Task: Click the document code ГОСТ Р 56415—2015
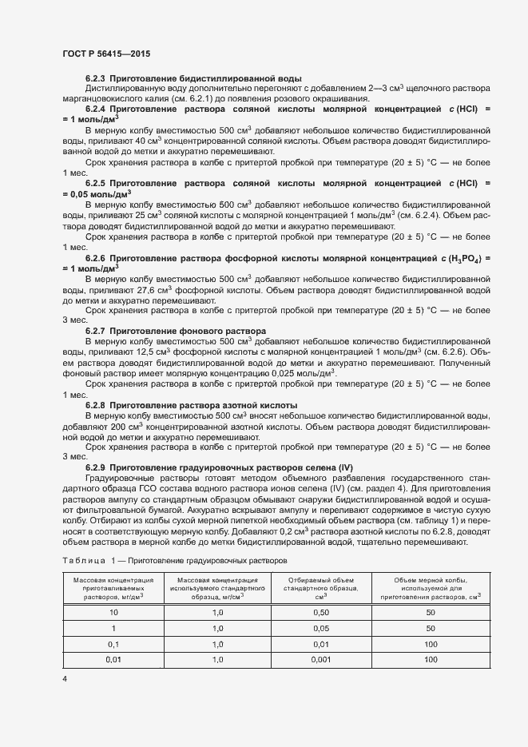[x=105, y=54]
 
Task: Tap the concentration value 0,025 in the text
[x=284, y=373]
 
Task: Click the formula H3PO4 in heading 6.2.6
[x=464, y=259]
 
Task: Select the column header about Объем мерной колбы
[x=430, y=587]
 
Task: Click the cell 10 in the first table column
[x=113, y=612]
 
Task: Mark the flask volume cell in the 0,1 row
[x=431, y=644]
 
